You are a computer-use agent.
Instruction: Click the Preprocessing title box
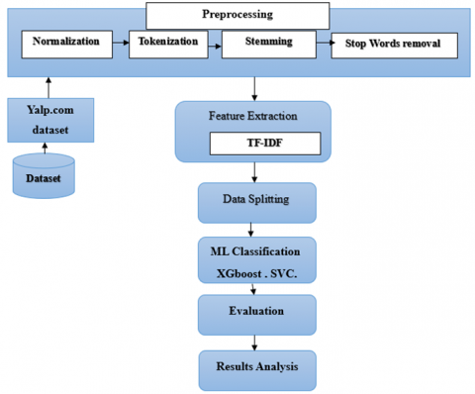tap(237, 15)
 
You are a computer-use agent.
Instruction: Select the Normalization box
tap(64, 43)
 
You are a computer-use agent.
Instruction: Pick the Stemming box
tap(266, 45)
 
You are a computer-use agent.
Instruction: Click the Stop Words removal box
tap(395, 46)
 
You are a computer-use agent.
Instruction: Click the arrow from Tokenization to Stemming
tap(214, 43)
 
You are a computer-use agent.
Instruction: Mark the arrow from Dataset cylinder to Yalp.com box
tap(43, 148)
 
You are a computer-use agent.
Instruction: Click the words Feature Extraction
tap(252, 116)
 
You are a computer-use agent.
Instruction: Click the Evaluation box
tap(257, 311)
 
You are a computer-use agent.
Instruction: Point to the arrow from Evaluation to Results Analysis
tap(257, 340)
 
